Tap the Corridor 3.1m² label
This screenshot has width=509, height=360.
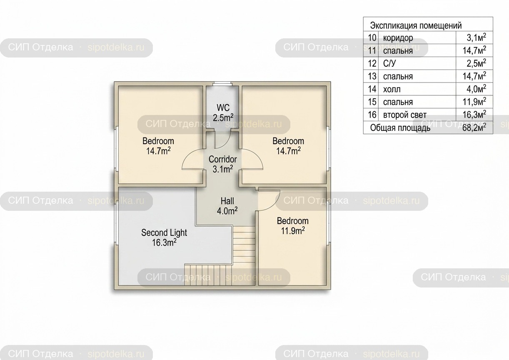(x=223, y=164)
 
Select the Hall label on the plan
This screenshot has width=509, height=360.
(x=227, y=206)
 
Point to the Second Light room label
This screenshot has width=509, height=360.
(x=164, y=237)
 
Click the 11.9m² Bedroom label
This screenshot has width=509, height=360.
(x=293, y=226)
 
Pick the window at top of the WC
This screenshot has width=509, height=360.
(x=222, y=84)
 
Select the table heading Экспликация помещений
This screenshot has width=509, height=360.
(x=416, y=25)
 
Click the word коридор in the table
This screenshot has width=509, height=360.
(x=398, y=38)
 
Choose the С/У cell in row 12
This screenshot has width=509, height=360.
(x=389, y=63)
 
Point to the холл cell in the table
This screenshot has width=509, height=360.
(x=392, y=89)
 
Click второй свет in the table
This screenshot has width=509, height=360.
(x=405, y=115)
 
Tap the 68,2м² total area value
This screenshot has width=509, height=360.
(x=474, y=127)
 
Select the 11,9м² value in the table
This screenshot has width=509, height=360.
(x=474, y=102)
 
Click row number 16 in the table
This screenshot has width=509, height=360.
(x=372, y=115)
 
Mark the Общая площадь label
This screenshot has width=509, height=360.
(x=400, y=128)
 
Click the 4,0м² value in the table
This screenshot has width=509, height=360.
(x=476, y=89)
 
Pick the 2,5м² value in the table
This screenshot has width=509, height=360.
(x=476, y=63)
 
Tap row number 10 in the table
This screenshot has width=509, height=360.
(x=372, y=38)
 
